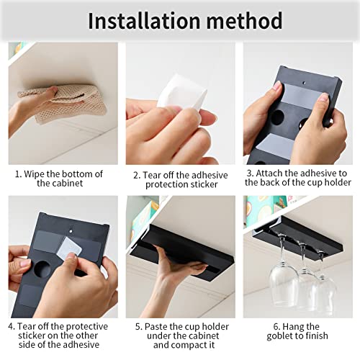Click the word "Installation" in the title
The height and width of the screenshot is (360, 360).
144,21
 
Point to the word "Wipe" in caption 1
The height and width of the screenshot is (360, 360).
34,174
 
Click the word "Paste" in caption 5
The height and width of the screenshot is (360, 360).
156,327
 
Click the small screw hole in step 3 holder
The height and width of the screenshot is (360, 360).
304,83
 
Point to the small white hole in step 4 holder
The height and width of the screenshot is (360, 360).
71,231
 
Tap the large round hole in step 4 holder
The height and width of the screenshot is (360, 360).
42,269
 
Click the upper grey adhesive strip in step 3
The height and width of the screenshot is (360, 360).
305,96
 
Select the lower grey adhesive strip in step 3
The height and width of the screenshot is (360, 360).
276,144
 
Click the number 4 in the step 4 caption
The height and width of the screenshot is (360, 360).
11,327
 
